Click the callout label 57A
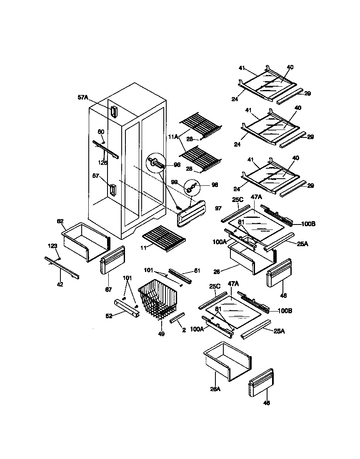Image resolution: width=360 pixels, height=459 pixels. [x=83, y=97]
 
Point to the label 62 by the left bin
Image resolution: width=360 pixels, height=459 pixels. [x=61, y=222]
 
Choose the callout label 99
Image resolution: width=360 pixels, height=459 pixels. [x=175, y=182]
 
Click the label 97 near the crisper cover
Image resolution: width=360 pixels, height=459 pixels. [x=218, y=207]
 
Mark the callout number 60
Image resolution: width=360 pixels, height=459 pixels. [x=101, y=132]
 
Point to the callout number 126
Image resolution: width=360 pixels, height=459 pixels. [x=103, y=162]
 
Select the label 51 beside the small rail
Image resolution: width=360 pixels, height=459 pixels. [x=197, y=271]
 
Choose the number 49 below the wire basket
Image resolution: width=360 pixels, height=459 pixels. [x=161, y=333]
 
